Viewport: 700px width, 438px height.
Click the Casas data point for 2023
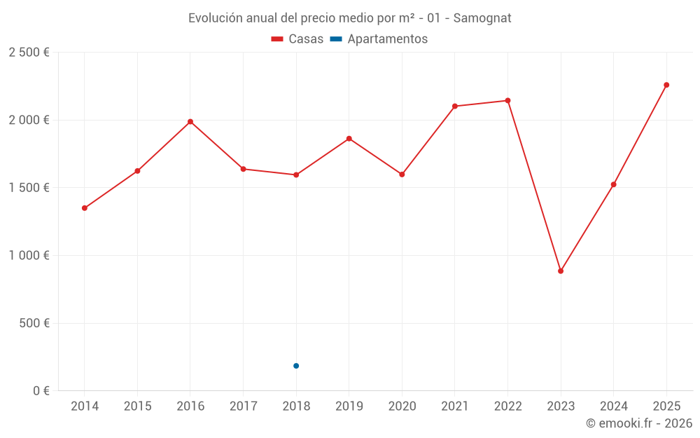tap(561, 271)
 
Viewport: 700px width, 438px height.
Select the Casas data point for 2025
tap(666, 85)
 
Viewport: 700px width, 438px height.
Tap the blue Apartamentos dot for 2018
tap(296, 366)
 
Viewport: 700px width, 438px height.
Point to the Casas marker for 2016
tap(190, 122)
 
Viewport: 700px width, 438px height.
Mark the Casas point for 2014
tap(85, 208)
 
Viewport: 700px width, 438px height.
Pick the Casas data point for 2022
tap(507, 101)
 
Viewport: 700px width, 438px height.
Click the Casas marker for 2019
tap(349, 139)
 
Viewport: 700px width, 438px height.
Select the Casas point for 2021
tap(455, 107)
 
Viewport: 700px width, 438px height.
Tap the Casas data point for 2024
tap(614, 184)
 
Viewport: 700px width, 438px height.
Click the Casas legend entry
tap(297, 39)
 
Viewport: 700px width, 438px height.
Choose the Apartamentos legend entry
tap(379, 39)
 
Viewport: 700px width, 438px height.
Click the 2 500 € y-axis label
tap(29, 53)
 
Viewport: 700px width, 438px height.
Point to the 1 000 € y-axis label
tap(29, 256)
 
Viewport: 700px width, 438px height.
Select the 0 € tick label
tap(39, 391)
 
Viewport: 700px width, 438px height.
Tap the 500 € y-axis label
tap(34, 323)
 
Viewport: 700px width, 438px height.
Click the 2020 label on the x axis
tap(402, 406)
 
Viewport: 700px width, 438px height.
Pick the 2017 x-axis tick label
tap(243, 406)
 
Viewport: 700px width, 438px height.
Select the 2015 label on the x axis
tap(137, 406)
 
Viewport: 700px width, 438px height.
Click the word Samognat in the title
tap(482, 18)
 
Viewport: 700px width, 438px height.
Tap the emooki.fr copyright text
tap(639, 423)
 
